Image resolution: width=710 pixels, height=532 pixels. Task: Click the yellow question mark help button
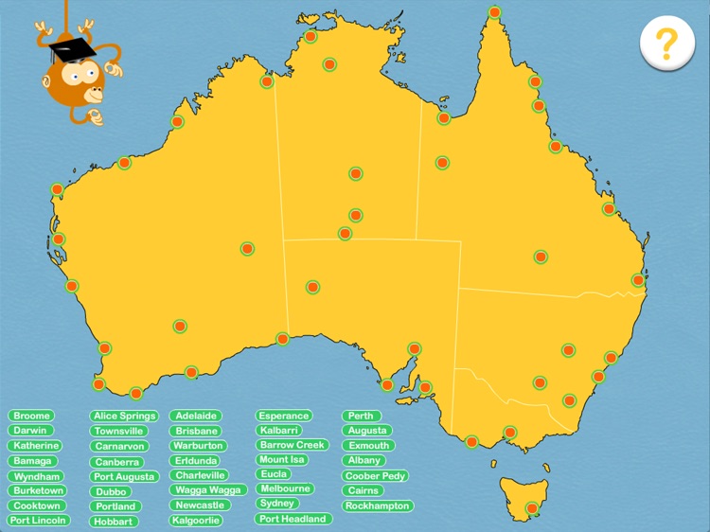(666, 44)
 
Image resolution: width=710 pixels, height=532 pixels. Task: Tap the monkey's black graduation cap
(67, 46)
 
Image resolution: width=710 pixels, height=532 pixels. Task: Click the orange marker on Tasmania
(532, 508)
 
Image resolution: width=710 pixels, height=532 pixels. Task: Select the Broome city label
(31, 416)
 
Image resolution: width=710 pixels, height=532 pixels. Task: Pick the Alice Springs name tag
(125, 416)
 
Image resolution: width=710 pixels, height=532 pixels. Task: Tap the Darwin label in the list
(30, 431)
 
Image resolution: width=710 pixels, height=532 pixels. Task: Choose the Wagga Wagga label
(209, 490)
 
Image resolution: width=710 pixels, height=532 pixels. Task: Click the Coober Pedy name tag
(376, 476)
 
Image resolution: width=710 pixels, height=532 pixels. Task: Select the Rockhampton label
(378, 505)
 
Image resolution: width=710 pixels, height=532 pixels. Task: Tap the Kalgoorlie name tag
(197, 520)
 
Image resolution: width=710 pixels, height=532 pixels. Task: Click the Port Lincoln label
(39, 521)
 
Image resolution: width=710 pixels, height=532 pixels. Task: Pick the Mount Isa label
(280, 459)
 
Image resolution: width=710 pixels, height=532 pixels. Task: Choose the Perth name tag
(361, 416)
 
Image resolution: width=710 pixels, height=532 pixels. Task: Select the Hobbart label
(115, 522)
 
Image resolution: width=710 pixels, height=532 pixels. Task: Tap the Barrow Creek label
(293, 445)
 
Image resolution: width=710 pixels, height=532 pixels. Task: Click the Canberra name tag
(117, 462)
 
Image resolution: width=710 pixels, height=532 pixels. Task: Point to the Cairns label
(364, 490)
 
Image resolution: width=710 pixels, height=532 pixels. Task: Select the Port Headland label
(293, 519)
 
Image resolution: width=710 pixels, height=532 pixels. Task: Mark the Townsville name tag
(119, 431)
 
